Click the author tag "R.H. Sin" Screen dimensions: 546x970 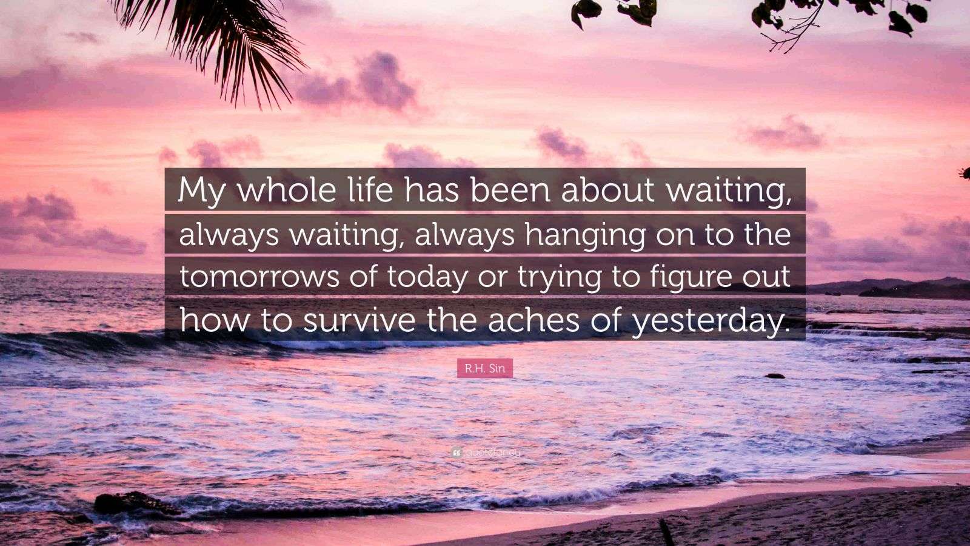[485, 368]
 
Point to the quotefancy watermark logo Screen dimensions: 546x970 [485, 452]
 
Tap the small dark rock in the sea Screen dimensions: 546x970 [774, 376]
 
